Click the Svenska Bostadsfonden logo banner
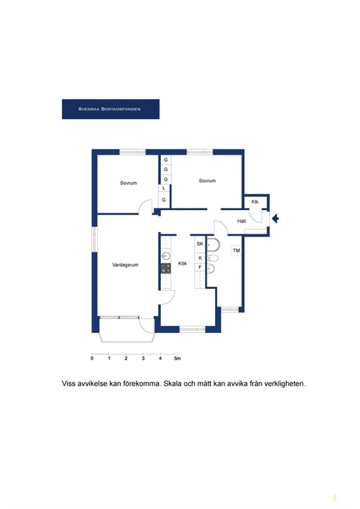[x=111, y=109]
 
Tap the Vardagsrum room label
[x=125, y=265]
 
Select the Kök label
[x=183, y=263]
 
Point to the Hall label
[x=242, y=221]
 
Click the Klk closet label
[x=255, y=202]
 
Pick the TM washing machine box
[x=237, y=250]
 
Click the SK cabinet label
[x=200, y=244]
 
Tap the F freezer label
[x=200, y=267]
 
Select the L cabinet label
[x=164, y=188]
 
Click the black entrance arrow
[x=275, y=219]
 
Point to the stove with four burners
[x=166, y=268]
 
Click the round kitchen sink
[x=166, y=256]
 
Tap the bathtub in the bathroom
[x=213, y=244]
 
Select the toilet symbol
[x=212, y=258]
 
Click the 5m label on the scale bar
[x=177, y=358]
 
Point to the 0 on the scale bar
[x=92, y=358]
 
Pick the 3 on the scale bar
[x=143, y=358]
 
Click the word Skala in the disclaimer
[x=172, y=384]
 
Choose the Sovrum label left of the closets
[x=128, y=183]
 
